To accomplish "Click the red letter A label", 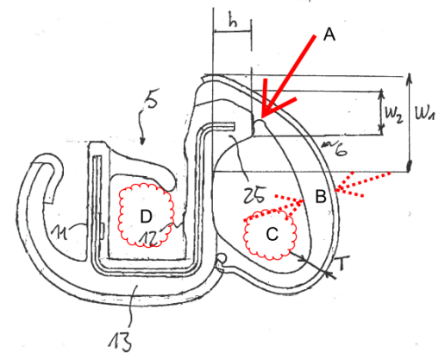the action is coord(329,35).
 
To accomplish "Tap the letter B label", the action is coord(321,197).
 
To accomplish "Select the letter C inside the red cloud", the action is coord(272,234).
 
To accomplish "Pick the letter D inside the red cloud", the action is coord(146,216).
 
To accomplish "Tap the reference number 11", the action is coord(60,232).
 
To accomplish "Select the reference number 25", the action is coord(254,196).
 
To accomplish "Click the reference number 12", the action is coord(149,238).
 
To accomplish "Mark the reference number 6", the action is coord(340,149).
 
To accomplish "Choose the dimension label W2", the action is coord(394,115).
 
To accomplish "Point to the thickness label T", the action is coord(342,263).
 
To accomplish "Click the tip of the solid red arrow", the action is coord(262,117).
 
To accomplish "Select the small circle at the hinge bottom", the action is coord(222,257).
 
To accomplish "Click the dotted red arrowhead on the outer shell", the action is coord(336,190).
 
